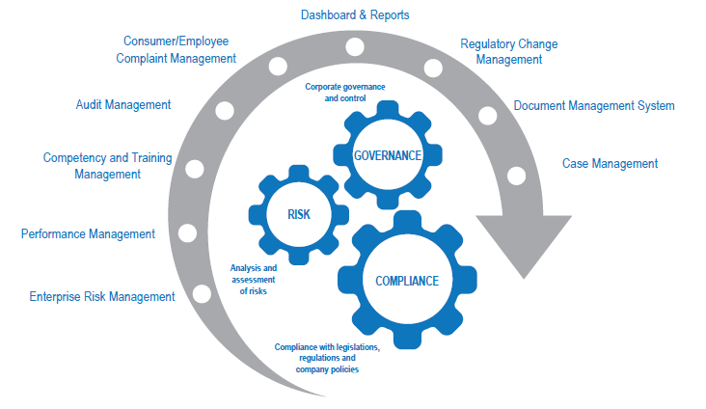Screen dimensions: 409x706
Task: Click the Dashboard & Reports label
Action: click(x=355, y=15)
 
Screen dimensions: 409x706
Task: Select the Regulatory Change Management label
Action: click(x=508, y=51)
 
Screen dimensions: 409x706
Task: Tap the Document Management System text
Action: click(x=593, y=105)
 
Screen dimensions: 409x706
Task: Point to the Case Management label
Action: click(x=610, y=163)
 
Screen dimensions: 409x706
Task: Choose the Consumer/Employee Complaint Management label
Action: click(x=179, y=49)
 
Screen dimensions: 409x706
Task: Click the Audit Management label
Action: click(x=123, y=104)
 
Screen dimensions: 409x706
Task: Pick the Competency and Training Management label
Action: click(x=105, y=166)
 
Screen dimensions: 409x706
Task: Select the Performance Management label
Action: click(x=88, y=233)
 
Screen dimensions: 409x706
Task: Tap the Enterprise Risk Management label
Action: click(x=101, y=297)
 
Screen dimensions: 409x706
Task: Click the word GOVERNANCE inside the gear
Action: click(x=387, y=155)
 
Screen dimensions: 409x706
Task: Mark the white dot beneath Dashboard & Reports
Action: click(x=355, y=45)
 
